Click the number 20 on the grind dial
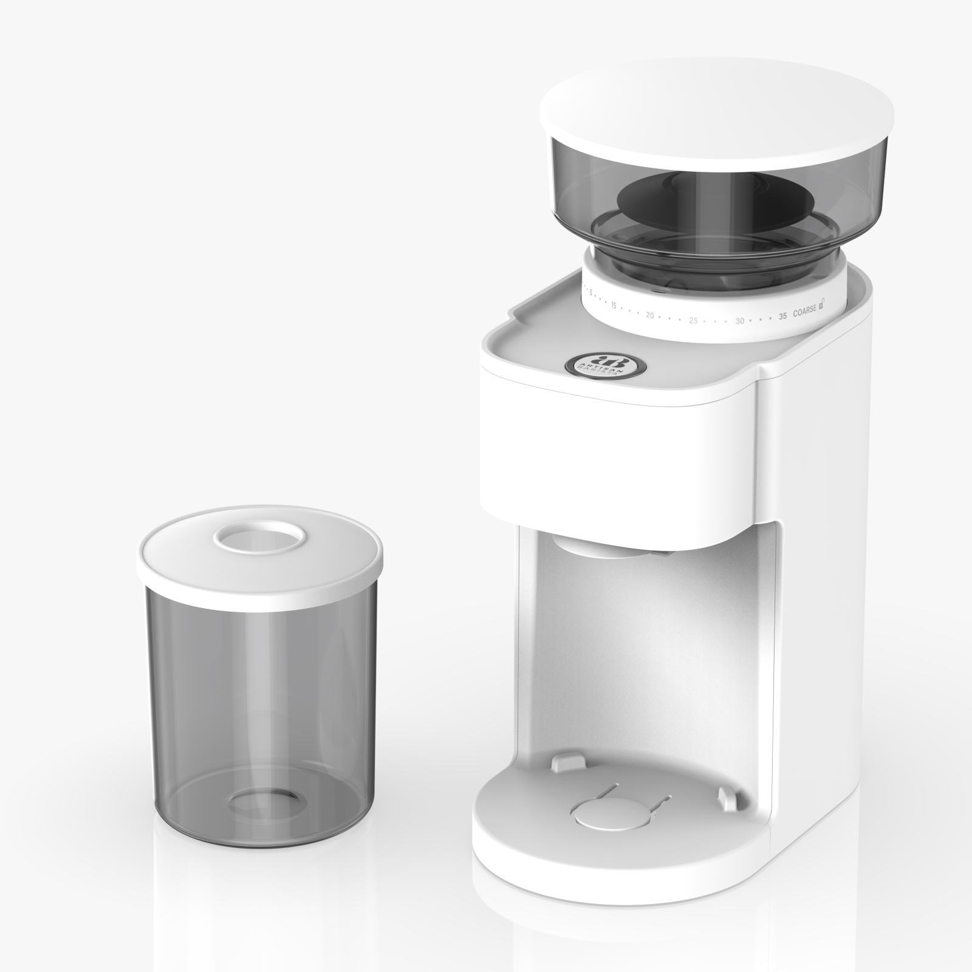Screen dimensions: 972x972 click(649, 315)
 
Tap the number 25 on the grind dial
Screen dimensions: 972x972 click(693, 320)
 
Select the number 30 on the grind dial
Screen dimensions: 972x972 click(739, 320)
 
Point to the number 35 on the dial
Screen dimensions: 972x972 click(782, 315)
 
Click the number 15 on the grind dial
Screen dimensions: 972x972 click(614, 306)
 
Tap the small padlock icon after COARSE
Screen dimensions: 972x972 click(822, 303)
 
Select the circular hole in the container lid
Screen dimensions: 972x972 click(260, 538)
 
